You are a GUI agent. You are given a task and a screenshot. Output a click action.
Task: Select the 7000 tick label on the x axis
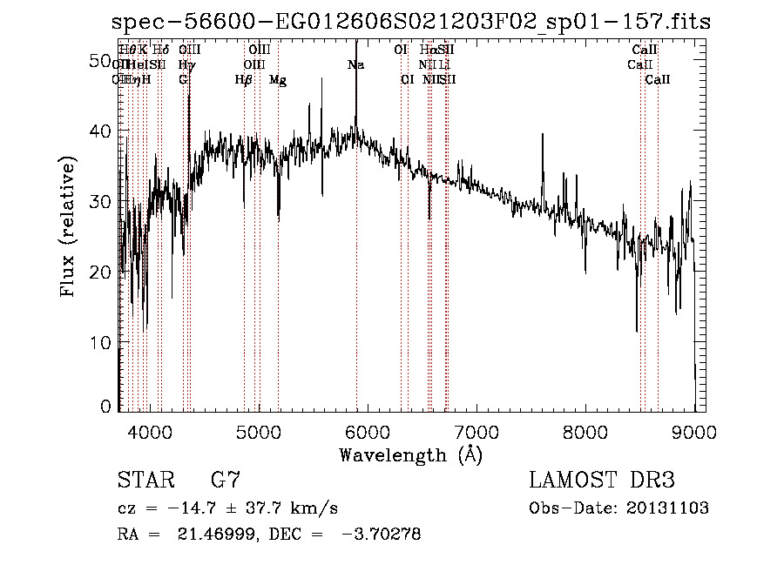click(x=476, y=432)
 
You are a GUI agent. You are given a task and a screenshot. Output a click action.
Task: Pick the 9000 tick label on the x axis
click(x=694, y=432)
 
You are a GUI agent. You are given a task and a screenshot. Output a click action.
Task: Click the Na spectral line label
click(x=355, y=65)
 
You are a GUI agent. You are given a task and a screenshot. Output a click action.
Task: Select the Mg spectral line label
click(x=278, y=80)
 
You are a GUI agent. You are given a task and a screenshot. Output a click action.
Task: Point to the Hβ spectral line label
click(x=244, y=80)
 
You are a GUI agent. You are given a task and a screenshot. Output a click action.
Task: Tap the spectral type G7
click(x=226, y=481)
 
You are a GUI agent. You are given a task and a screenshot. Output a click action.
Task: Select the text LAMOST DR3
click(x=601, y=481)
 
